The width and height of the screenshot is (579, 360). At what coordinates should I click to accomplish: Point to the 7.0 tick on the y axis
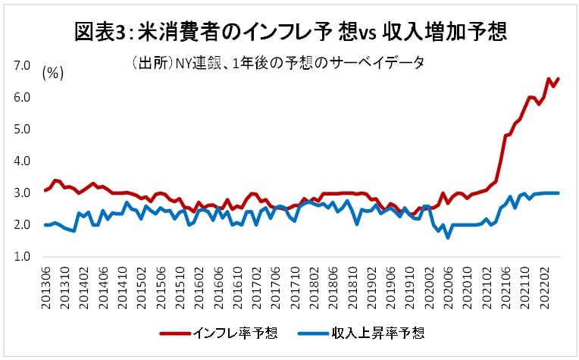click(x=22, y=66)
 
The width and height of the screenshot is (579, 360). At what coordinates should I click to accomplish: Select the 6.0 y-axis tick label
click(x=22, y=98)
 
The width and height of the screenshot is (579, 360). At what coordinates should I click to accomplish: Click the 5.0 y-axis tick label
click(x=22, y=130)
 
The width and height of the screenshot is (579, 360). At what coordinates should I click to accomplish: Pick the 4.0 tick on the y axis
click(x=22, y=161)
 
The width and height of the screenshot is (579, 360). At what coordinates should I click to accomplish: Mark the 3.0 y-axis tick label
click(x=22, y=193)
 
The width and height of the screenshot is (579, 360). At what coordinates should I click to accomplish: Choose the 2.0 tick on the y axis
click(x=22, y=225)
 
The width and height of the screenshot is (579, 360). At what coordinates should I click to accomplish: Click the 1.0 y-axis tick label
click(x=22, y=257)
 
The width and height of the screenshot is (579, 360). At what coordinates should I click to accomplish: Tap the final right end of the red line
click(x=559, y=79)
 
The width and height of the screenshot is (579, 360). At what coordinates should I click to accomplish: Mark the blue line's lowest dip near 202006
click(x=448, y=237)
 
